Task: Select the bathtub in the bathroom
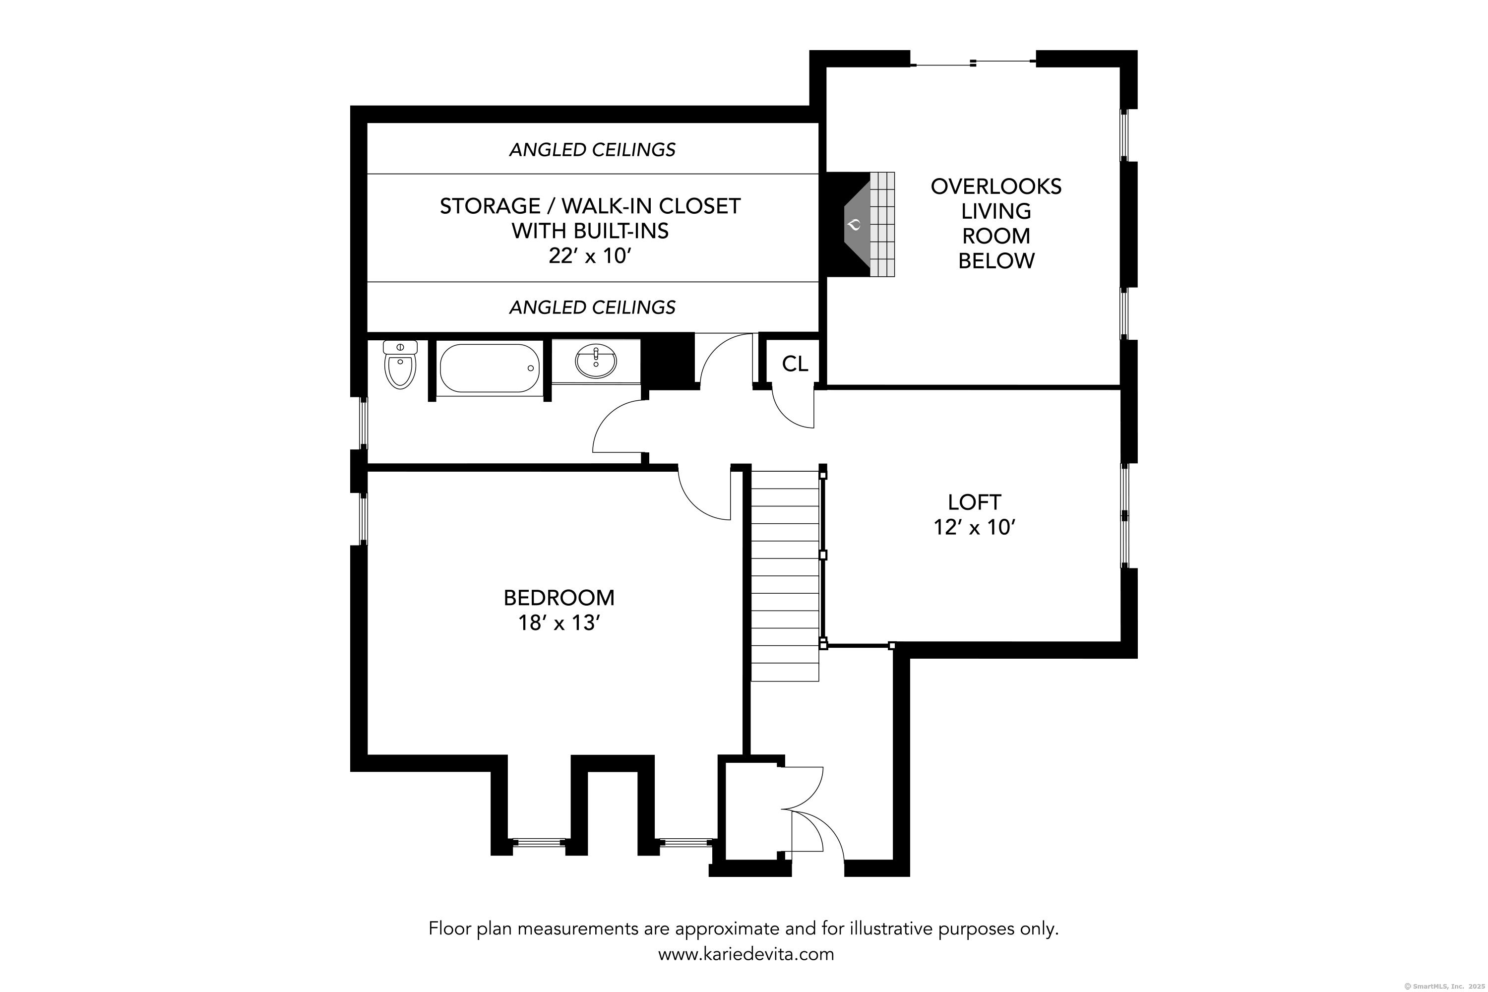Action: tap(489, 368)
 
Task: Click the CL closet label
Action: tap(795, 364)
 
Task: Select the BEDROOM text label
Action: tap(558, 598)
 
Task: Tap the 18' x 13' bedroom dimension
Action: tap(558, 623)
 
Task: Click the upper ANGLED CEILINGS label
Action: tap(592, 150)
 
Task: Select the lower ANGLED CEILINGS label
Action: tap(592, 308)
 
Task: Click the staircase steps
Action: tap(785, 576)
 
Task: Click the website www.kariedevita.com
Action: tap(746, 954)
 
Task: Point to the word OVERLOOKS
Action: tap(996, 186)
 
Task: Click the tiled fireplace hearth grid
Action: tap(882, 224)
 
